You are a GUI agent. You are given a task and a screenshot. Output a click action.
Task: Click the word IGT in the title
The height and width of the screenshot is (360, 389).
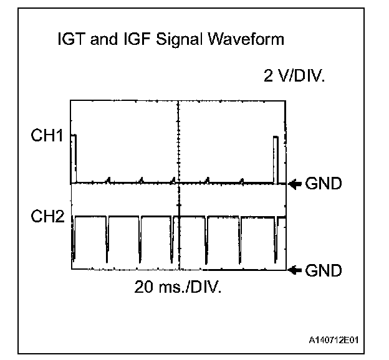[67, 40]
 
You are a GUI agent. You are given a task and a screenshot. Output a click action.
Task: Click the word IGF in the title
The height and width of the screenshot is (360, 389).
[119, 40]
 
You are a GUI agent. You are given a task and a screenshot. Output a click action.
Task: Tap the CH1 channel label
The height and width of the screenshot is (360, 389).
[47, 135]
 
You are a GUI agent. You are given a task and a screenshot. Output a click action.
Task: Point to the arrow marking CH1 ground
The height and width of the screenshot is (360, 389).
[295, 184]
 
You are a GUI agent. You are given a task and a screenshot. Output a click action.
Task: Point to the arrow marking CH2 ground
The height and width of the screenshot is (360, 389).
[295, 270]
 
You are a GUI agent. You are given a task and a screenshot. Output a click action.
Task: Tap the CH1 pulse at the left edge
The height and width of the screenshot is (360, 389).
[74, 159]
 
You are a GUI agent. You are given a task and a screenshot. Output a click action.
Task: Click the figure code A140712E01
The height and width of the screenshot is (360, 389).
[336, 340]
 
